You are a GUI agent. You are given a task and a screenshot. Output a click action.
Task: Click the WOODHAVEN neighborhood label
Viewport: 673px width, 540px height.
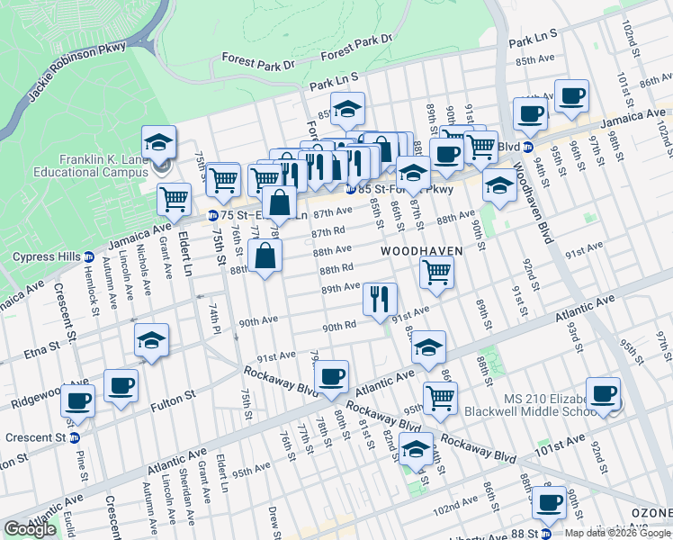tap(421, 250)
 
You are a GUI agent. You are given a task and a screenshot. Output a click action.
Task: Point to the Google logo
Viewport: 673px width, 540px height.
tap(30, 529)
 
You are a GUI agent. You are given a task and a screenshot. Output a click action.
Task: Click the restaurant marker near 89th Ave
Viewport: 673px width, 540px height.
tap(380, 299)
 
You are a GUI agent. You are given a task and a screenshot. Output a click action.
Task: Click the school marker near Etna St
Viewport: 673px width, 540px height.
tap(151, 340)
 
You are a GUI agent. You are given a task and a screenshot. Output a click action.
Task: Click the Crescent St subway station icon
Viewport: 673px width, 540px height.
tap(75, 438)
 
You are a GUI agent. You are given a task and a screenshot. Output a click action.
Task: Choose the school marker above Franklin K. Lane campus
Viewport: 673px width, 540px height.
tap(158, 142)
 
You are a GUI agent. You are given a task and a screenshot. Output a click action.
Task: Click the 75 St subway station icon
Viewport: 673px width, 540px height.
tap(212, 216)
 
